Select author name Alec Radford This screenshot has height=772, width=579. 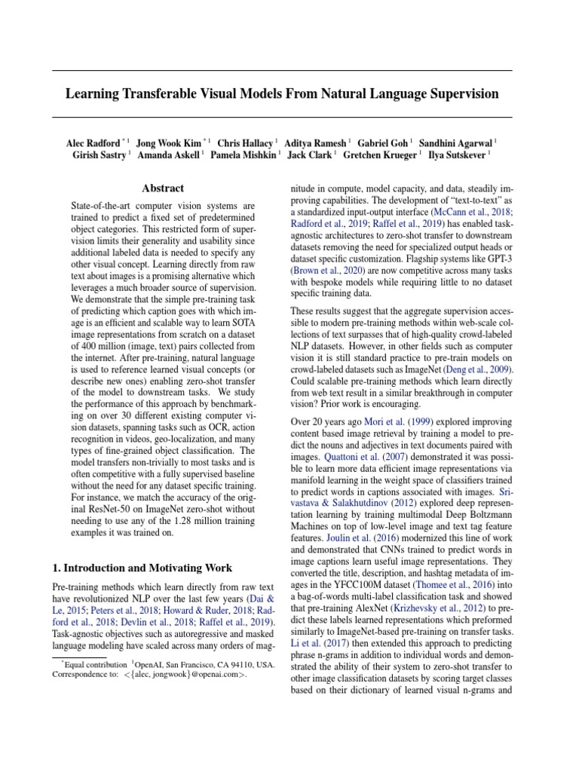[93, 142]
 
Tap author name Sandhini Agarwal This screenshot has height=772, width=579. [455, 142]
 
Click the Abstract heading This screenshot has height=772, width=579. [163, 188]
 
